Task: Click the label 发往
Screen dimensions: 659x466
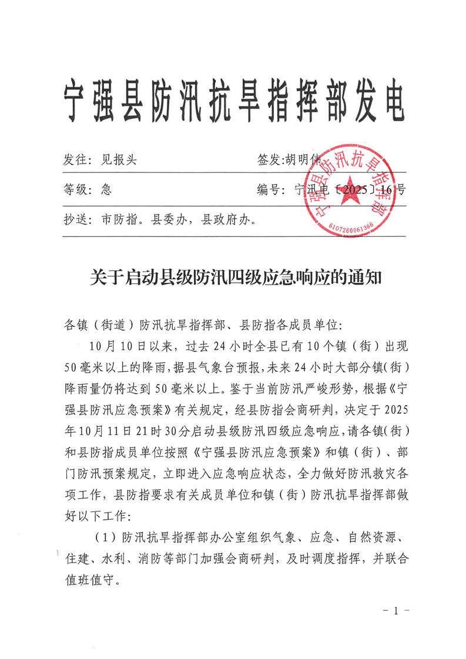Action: click(x=76, y=159)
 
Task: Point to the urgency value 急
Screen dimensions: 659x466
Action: click(x=106, y=189)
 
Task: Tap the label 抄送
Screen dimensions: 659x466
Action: click(x=76, y=220)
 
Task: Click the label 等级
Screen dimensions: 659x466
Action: click(x=76, y=189)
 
